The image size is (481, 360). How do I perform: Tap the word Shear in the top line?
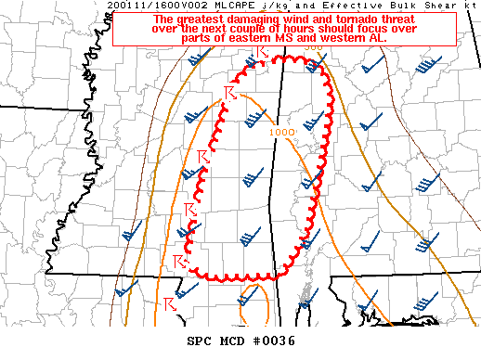[429, 6]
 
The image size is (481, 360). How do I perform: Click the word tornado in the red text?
[358, 19]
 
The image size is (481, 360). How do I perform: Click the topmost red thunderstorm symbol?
[263, 58]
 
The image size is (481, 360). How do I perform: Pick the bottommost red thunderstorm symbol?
[170, 303]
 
